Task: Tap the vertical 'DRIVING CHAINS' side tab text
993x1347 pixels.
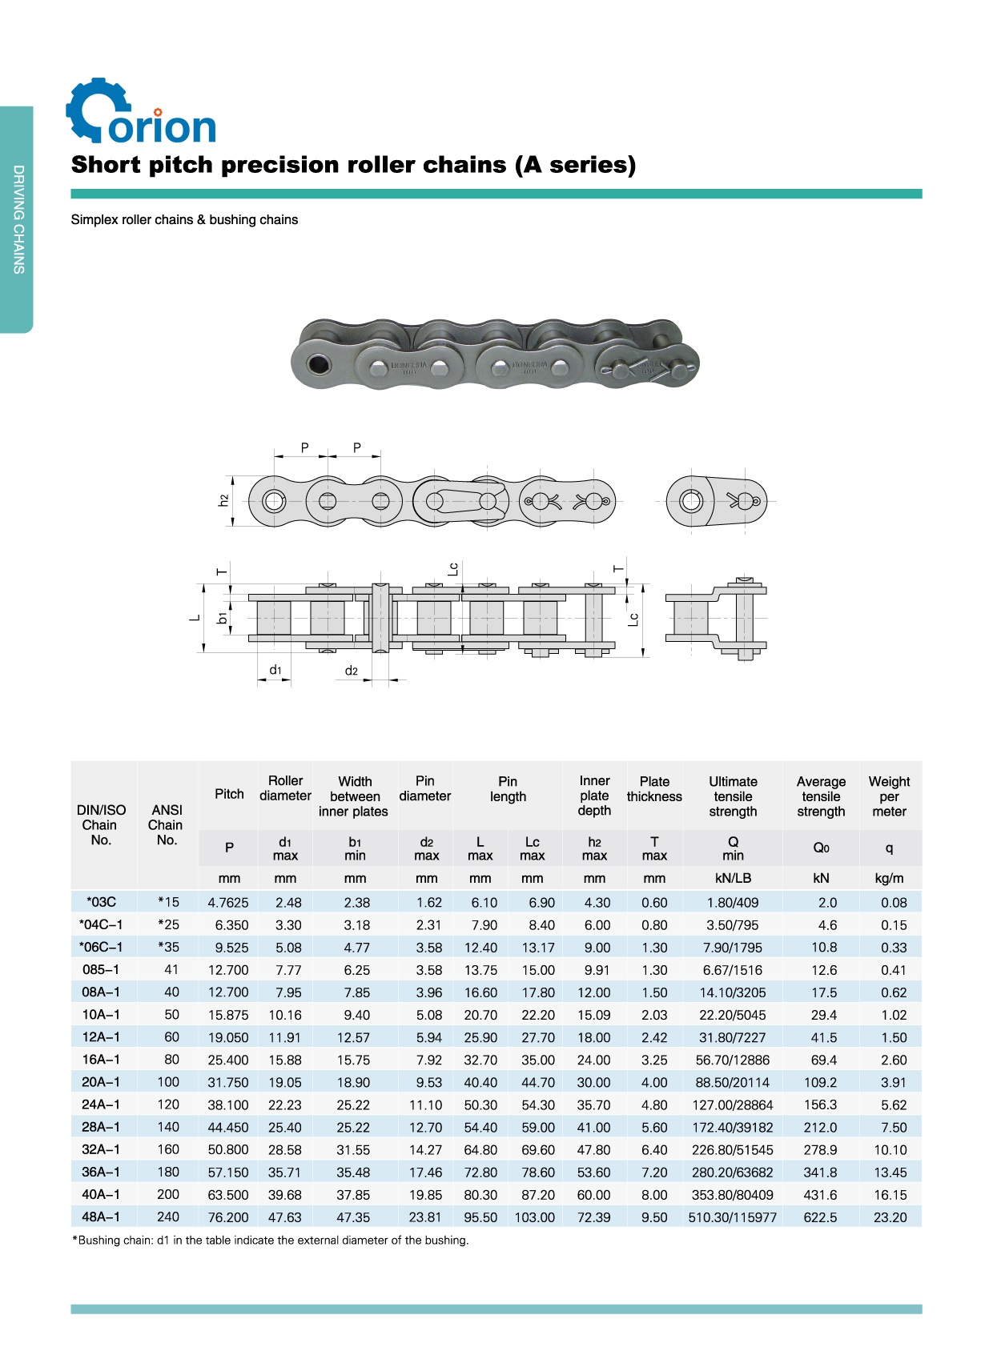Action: (18, 219)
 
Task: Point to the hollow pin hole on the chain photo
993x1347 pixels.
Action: (316, 364)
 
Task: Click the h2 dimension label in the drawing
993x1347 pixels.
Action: (223, 500)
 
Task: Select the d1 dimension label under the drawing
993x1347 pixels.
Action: (275, 669)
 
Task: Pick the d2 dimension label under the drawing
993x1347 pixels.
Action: (352, 671)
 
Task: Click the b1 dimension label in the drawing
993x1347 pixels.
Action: (222, 618)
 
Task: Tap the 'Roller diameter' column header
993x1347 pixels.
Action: (285, 788)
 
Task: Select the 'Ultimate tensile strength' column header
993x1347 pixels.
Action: (733, 796)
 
